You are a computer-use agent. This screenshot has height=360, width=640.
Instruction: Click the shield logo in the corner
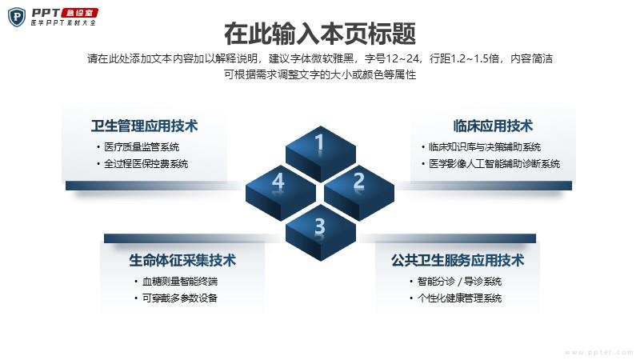tap(17, 17)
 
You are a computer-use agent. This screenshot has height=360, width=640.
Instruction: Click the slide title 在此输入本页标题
tap(320, 34)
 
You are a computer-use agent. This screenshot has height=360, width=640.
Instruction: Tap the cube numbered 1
tap(321, 154)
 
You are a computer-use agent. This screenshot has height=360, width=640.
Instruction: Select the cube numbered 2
tap(359, 193)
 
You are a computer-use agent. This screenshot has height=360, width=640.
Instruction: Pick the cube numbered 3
tap(321, 233)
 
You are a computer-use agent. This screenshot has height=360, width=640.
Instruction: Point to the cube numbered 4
tap(281, 193)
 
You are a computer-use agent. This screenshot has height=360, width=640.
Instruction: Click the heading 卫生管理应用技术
tap(145, 126)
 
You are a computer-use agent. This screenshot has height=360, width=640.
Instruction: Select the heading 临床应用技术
tap(493, 126)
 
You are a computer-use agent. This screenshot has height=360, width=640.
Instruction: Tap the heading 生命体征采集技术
tap(182, 260)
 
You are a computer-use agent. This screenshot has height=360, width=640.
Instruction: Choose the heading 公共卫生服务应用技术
tap(458, 260)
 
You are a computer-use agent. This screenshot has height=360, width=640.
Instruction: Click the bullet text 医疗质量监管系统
tap(142, 147)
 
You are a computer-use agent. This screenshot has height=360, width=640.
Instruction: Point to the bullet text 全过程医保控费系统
tap(146, 164)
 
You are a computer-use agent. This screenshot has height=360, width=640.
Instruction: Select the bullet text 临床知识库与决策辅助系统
tap(485, 147)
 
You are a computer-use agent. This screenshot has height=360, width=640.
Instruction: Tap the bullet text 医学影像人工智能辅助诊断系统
tap(494, 164)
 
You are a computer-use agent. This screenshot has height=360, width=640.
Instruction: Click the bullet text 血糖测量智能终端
tap(179, 282)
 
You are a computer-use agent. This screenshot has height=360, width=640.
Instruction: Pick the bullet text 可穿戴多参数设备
tap(179, 298)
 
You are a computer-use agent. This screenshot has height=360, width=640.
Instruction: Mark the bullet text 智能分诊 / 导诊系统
tap(459, 282)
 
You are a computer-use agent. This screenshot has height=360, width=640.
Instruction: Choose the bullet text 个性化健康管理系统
tap(459, 298)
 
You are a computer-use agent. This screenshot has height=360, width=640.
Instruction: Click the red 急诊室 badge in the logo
tap(79, 13)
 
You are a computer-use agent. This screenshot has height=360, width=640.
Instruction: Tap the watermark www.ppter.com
tap(599, 352)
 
